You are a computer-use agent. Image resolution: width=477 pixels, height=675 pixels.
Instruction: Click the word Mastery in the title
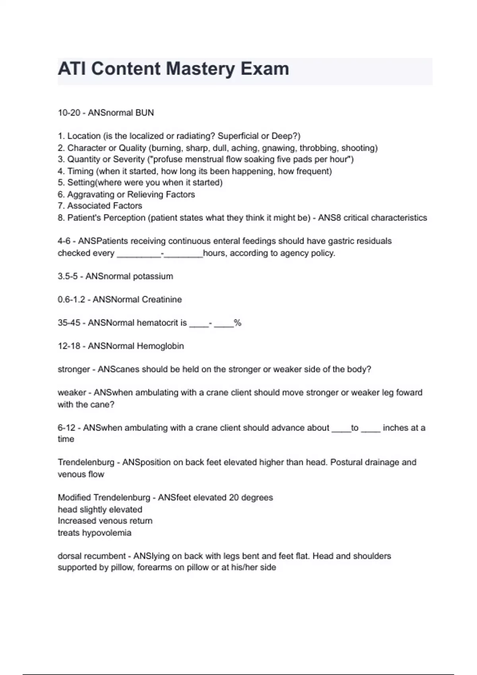(x=200, y=69)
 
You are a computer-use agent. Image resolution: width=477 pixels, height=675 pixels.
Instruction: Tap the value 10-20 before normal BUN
(x=69, y=113)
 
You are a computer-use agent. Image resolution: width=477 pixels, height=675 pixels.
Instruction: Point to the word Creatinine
(x=162, y=299)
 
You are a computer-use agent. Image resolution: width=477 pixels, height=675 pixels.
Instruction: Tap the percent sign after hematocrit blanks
(x=238, y=323)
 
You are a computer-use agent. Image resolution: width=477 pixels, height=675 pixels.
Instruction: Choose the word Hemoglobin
(x=160, y=346)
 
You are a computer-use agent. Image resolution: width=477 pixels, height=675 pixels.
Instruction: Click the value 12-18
(x=69, y=346)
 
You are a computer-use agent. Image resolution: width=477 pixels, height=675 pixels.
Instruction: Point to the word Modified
(x=74, y=498)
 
